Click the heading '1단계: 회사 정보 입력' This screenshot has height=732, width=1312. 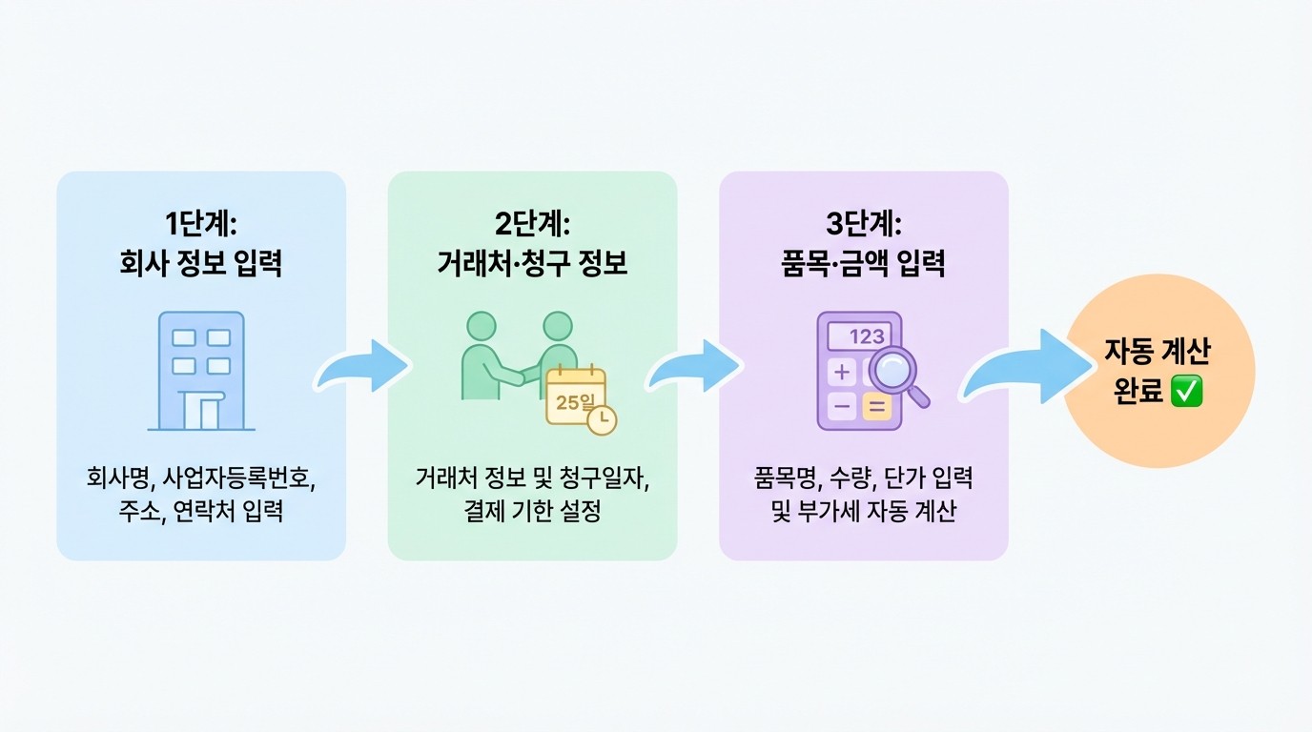click(200, 242)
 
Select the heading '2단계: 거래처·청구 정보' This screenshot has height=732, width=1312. click(532, 242)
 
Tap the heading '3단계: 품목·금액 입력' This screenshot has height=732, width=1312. click(863, 242)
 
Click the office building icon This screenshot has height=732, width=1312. click(201, 372)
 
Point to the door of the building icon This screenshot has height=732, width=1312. click(208, 412)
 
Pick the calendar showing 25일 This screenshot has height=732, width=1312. click(575, 398)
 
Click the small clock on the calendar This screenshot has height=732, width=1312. click(602, 419)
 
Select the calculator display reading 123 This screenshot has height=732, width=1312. click(858, 335)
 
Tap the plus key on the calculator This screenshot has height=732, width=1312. click(842, 371)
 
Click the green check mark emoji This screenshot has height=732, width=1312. click(1187, 392)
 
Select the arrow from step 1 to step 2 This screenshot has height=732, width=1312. click(365, 368)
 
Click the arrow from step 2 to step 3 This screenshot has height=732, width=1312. click(697, 368)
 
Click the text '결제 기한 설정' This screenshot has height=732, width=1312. click(532, 512)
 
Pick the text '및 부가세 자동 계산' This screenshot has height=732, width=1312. click(863, 512)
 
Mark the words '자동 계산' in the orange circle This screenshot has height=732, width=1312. click(1158, 353)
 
